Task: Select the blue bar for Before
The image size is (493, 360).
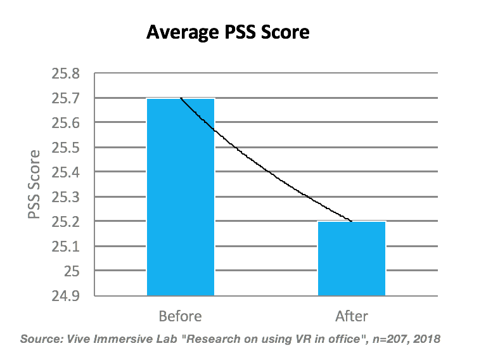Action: tap(181, 196)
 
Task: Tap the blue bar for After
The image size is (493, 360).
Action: tap(352, 258)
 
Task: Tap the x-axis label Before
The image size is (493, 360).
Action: tap(181, 316)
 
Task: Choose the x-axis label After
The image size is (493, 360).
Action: tap(352, 316)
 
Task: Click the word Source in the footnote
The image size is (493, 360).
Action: tap(42, 338)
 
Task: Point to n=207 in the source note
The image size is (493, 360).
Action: tap(386, 338)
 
